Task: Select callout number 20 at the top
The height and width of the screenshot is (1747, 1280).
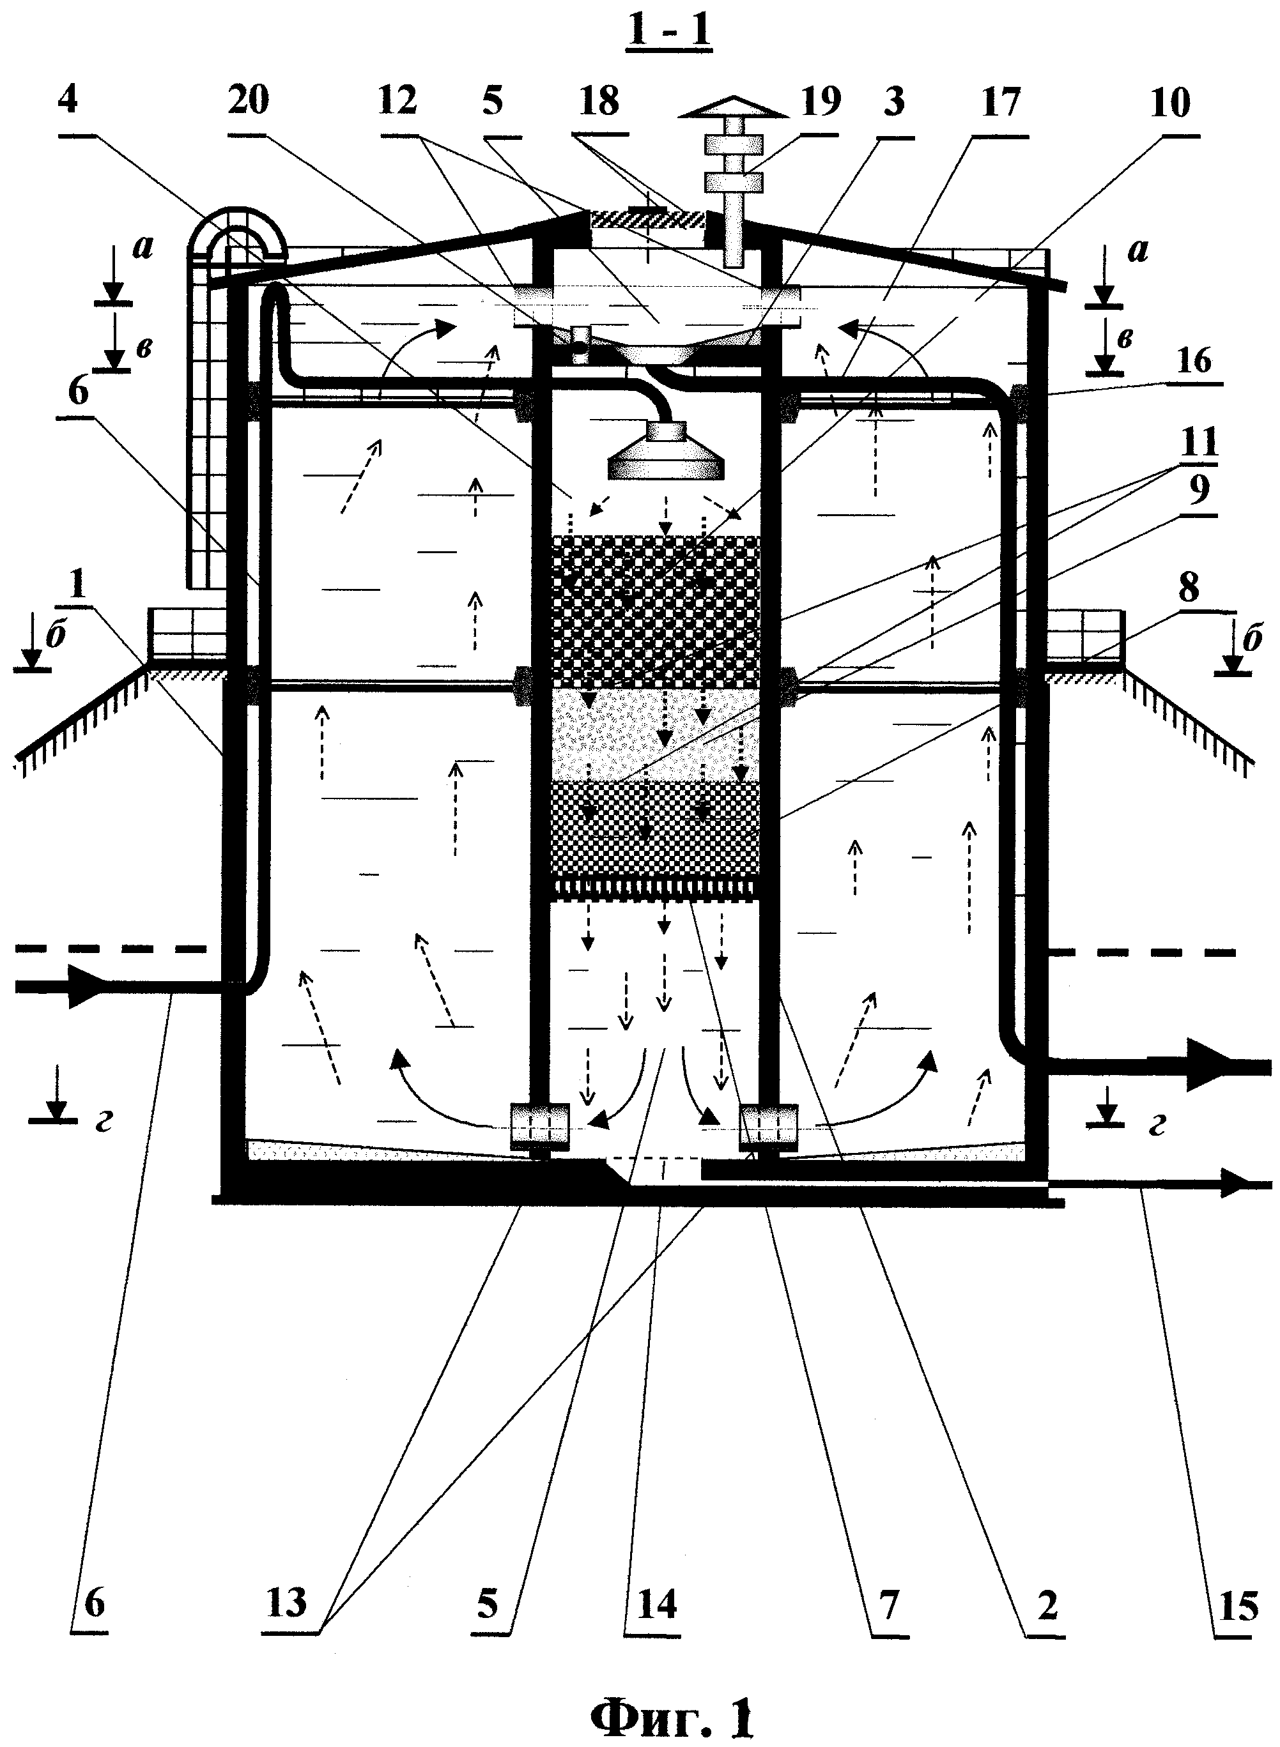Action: tap(248, 101)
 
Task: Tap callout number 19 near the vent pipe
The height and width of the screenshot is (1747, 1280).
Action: tap(821, 101)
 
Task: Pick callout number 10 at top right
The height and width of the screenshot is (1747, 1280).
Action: tap(1170, 102)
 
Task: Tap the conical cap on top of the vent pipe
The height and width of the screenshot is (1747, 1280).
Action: tap(733, 109)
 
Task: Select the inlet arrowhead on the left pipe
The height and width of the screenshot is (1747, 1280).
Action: tap(85, 986)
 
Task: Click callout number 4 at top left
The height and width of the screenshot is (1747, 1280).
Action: tap(68, 101)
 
